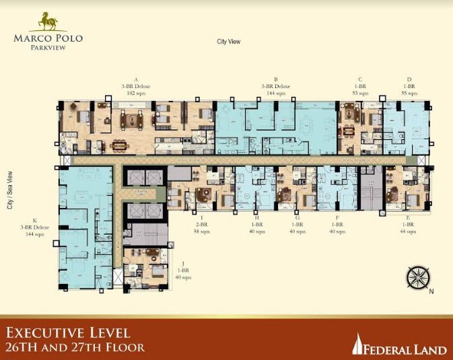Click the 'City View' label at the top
click(x=228, y=42)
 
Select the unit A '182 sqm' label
click(x=136, y=94)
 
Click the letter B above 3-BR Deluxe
click(x=276, y=79)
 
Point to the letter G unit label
click(x=297, y=217)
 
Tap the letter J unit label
click(x=182, y=263)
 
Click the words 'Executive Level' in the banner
click(x=68, y=333)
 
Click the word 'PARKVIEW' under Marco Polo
click(x=48, y=47)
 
